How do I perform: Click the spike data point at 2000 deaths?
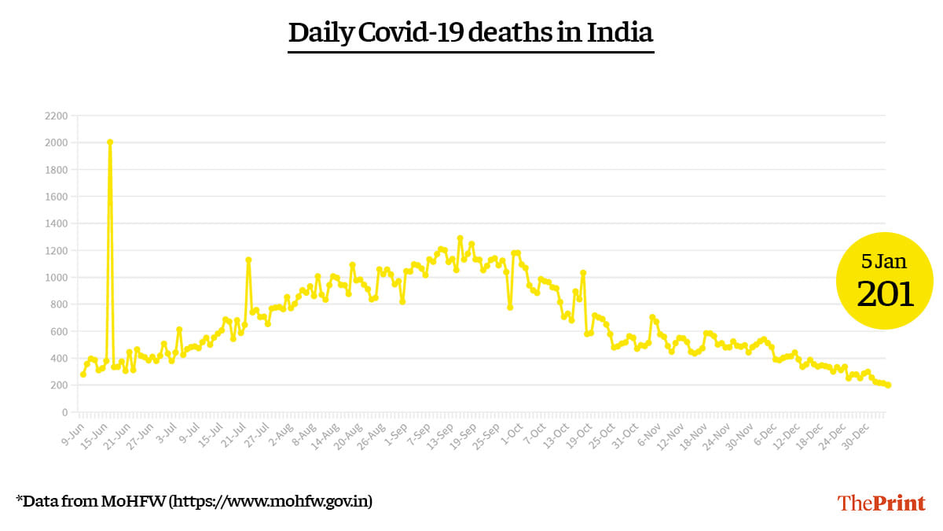click(x=110, y=142)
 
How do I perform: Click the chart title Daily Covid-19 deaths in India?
click(x=471, y=33)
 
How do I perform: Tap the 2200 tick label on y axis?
click(x=57, y=116)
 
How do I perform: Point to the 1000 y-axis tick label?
click(x=57, y=278)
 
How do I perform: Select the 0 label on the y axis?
click(x=63, y=412)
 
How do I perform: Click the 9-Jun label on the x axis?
click(x=72, y=433)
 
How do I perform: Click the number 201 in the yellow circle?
click(x=885, y=294)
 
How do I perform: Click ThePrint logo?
click(x=881, y=503)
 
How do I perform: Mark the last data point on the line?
click(x=888, y=385)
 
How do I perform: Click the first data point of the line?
click(x=83, y=374)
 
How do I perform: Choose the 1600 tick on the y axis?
click(x=57, y=197)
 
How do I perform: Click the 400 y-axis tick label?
click(x=59, y=358)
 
